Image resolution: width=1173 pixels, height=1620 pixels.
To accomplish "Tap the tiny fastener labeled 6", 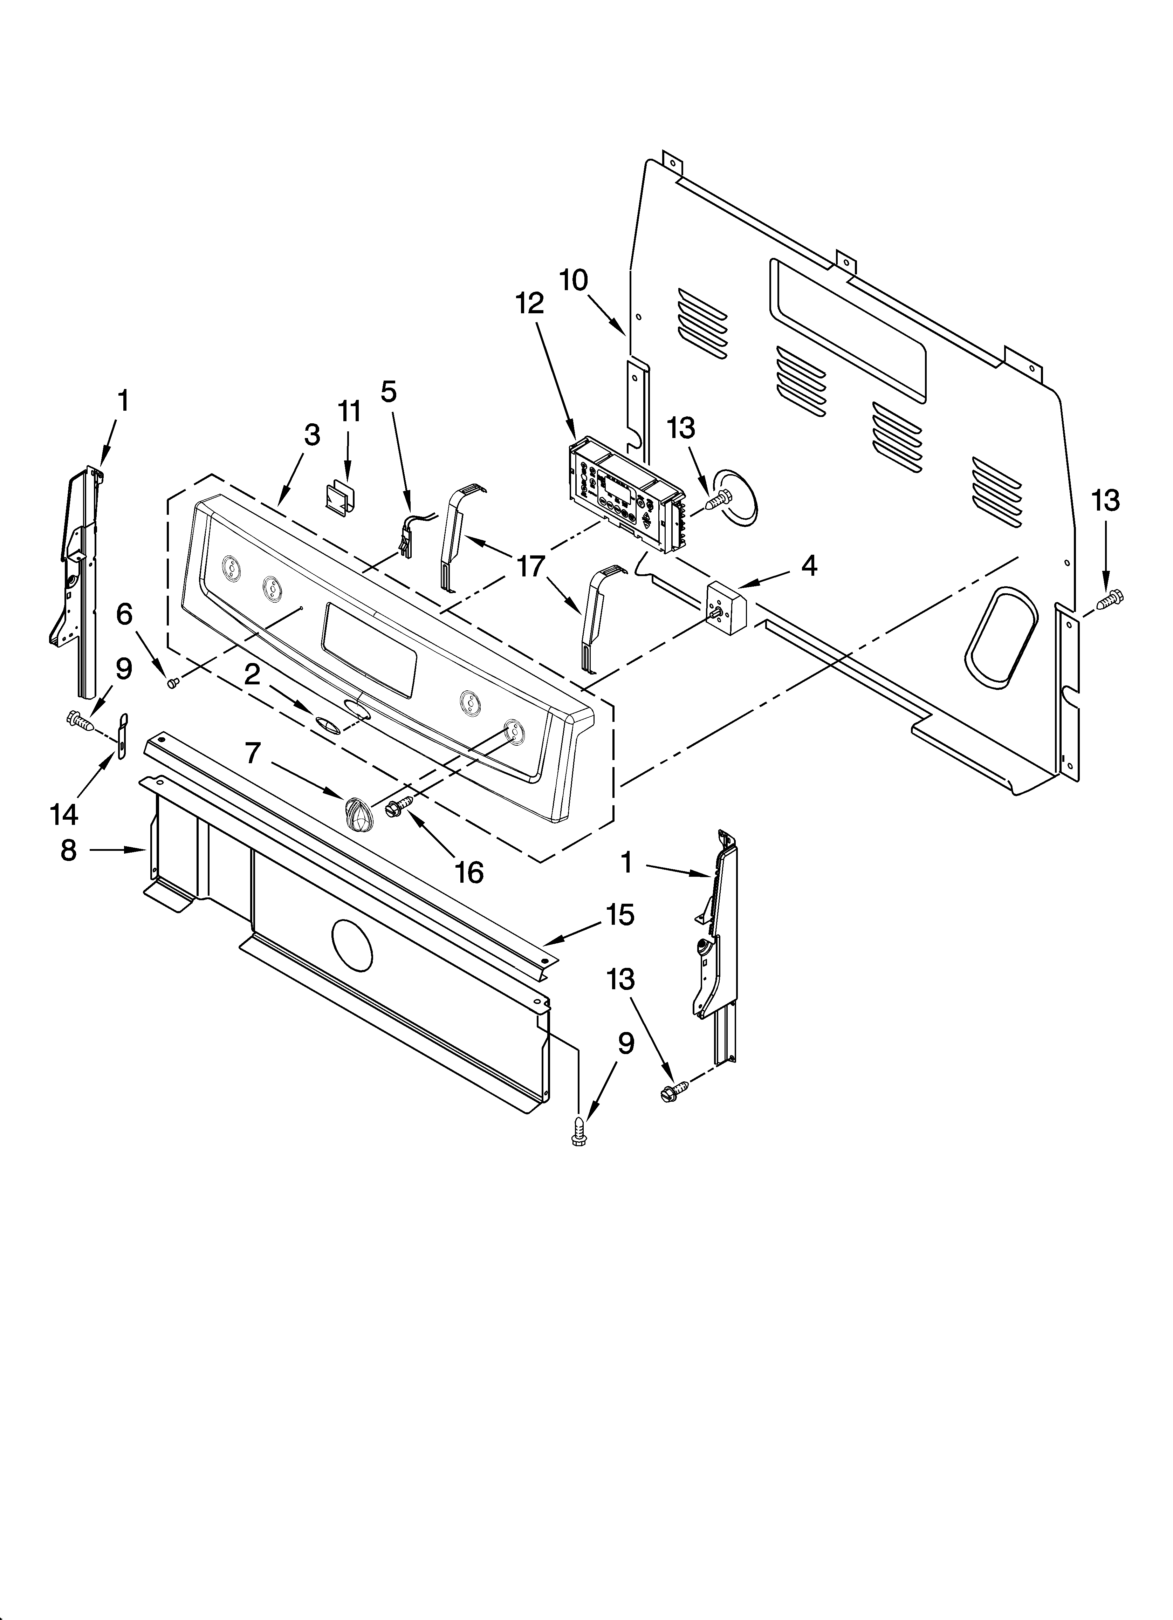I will (x=171, y=683).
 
